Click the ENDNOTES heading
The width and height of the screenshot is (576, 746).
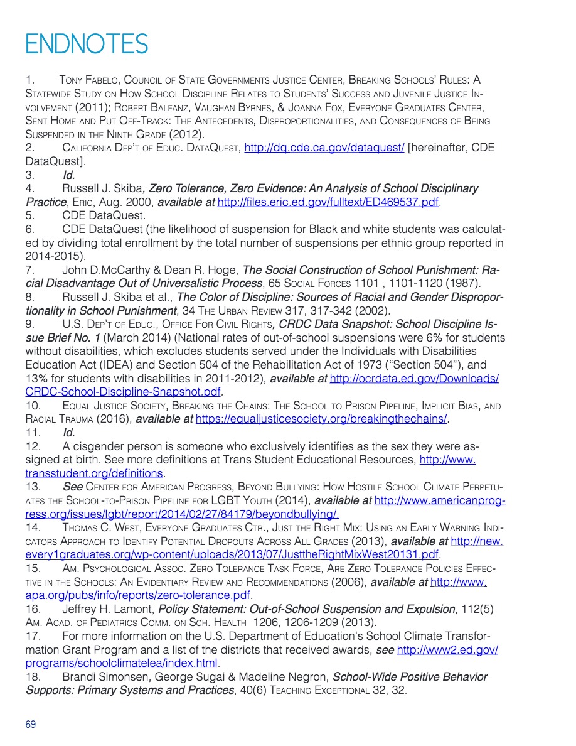click(x=87, y=44)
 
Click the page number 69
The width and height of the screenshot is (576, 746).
click(x=31, y=724)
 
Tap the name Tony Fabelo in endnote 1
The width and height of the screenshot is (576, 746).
click(x=89, y=80)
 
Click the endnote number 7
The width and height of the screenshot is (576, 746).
click(x=29, y=270)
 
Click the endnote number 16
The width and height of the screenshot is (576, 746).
click(x=33, y=608)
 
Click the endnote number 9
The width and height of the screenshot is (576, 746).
click(x=29, y=324)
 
